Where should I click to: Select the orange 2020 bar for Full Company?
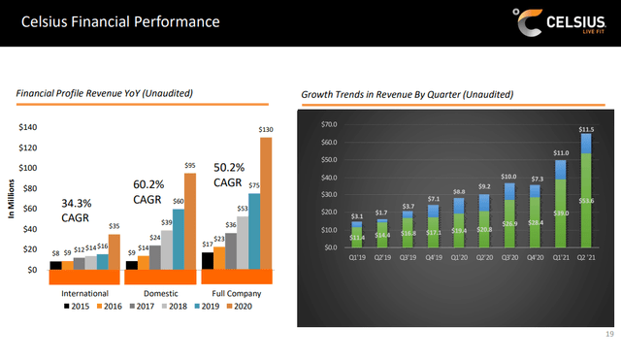(x=266, y=203)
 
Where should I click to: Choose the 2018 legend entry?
(x=176, y=306)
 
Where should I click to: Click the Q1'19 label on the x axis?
(x=357, y=258)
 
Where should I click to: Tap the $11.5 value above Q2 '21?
(x=585, y=129)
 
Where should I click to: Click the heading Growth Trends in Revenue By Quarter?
(x=408, y=94)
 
